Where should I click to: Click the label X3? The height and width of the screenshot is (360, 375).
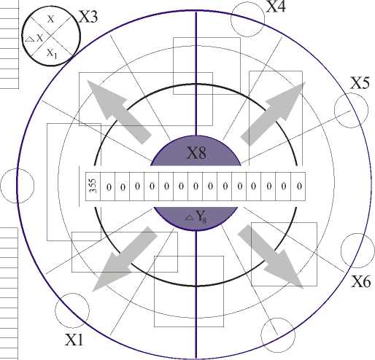[88, 17]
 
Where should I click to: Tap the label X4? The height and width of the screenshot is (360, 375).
[276, 6]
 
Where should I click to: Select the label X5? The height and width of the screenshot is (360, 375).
[360, 83]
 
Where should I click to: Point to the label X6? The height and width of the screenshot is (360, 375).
[361, 281]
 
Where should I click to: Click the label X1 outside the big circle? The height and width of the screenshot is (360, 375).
[74, 340]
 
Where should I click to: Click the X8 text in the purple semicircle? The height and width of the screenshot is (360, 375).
[196, 153]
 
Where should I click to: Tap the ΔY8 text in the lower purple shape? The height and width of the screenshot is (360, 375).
[196, 216]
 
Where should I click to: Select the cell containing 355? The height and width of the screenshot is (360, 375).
[93, 187]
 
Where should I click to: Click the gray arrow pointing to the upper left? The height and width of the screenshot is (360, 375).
[120, 112]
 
